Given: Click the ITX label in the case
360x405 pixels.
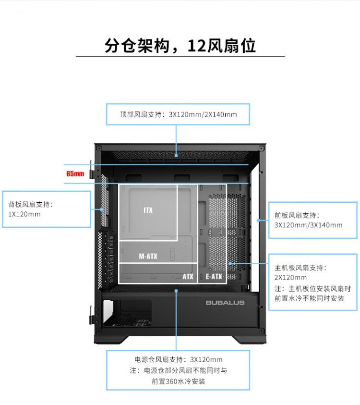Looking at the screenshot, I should tap(148, 210).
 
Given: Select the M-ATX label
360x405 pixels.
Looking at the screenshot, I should tap(148, 257).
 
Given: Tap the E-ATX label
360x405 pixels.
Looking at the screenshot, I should tap(214, 277).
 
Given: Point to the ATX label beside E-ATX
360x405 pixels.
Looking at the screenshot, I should tap(188, 277).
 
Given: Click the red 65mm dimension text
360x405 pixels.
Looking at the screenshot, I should tap(75, 173).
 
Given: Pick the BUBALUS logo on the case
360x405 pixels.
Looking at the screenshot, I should tap(225, 303).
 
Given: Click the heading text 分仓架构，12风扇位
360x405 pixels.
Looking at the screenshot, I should tap(180, 46).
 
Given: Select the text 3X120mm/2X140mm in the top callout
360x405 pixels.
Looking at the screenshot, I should tap(203, 115).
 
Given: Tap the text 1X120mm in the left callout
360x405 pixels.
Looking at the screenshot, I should tap(24, 214).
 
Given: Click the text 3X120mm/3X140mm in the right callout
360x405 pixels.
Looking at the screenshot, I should tap(308, 225).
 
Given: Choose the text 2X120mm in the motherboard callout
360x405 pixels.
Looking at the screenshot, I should tap(290, 277).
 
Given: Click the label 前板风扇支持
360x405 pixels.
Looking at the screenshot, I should tap(297, 215).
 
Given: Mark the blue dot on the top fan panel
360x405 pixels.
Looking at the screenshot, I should tap(177, 155).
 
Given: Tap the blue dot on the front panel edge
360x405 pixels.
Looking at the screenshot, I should tap(258, 221).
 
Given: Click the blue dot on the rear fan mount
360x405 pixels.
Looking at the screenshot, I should tap(102, 209).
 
